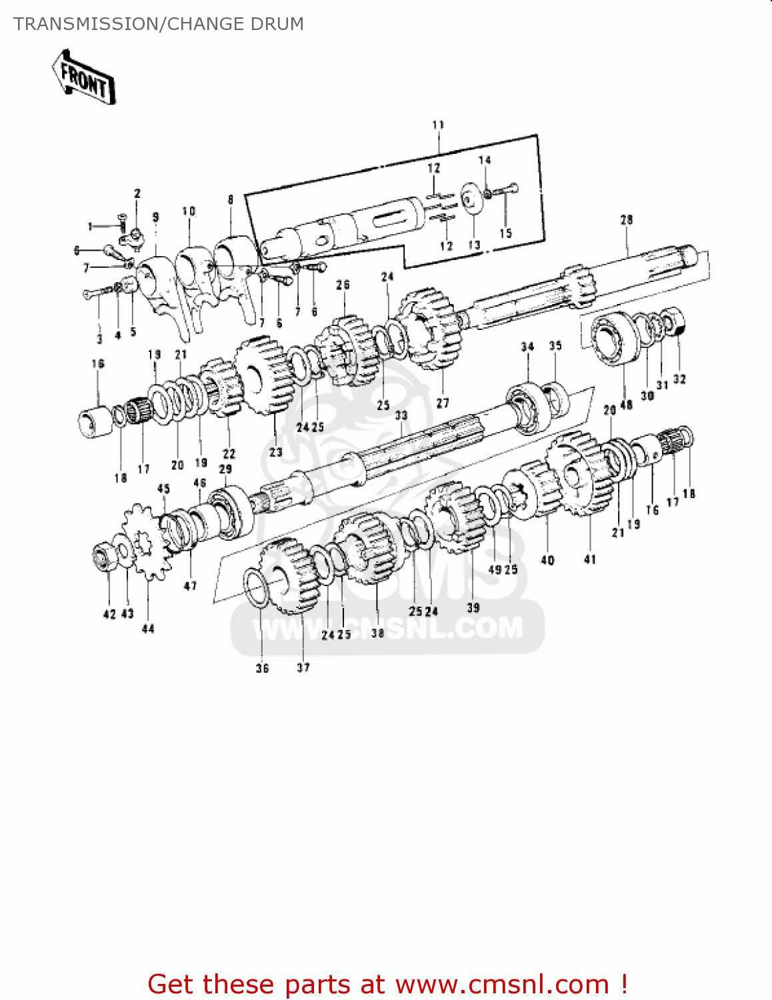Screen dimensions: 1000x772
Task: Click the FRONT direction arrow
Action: point(83,77)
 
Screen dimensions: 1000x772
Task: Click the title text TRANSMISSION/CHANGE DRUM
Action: point(159,24)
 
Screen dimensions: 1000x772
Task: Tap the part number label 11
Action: point(438,125)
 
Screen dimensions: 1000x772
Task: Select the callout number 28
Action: point(626,219)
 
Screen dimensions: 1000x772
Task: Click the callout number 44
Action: point(148,629)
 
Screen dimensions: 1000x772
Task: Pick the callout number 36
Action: point(262,668)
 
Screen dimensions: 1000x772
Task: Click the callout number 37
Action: point(303,667)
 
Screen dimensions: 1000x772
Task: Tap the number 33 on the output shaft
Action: point(401,415)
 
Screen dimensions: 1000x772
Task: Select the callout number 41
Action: point(590,559)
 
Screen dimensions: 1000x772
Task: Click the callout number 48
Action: point(626,405)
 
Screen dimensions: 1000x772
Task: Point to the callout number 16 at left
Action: point(98,363)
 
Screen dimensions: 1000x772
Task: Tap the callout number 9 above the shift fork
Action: point(155,217)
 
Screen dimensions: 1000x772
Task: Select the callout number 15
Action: point(505,233)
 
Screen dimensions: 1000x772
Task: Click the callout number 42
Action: point(109,614)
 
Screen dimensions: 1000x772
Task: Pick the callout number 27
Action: point(443,403)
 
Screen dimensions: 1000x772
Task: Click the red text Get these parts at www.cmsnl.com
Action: point(387,984)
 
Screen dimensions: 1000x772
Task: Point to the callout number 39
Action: point(473,607)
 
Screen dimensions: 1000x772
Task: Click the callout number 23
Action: point(275,452)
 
